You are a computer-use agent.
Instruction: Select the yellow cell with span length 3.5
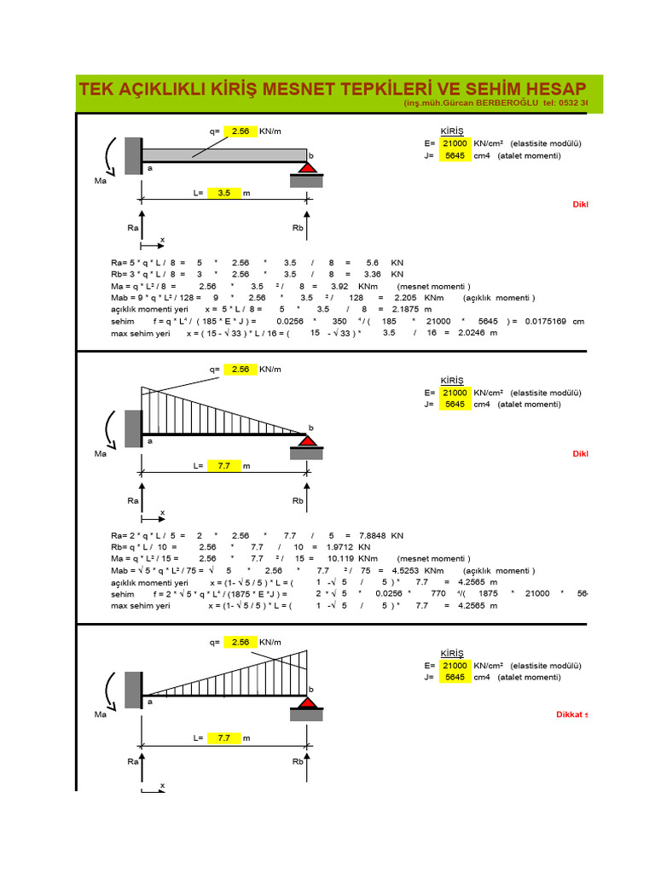coord(223,193)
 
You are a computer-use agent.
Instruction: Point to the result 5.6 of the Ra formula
coord(372,262)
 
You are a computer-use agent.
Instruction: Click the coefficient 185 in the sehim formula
coord(390,321)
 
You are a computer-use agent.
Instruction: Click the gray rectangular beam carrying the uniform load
coord(224,154)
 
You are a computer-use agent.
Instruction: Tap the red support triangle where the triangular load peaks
coord(306,705)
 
